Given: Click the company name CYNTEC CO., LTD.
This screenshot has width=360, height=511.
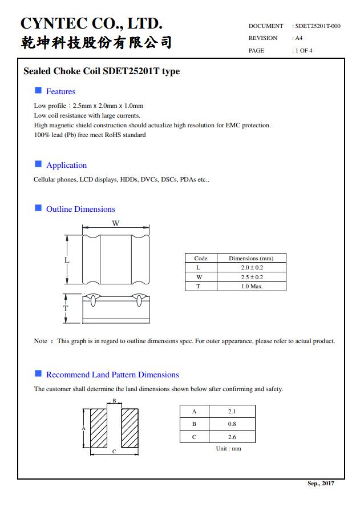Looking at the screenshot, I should coord(91,23).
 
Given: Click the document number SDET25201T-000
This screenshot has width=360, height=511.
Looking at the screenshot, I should coord(318,26).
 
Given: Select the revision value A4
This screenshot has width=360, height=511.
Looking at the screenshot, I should coord(298,38).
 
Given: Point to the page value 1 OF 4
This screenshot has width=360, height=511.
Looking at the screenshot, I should coord(303,50).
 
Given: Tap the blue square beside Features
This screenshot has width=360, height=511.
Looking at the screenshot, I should coord(38,90).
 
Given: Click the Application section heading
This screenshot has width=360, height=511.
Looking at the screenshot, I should coord(66,165).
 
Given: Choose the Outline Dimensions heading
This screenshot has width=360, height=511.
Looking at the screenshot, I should coord(80,209).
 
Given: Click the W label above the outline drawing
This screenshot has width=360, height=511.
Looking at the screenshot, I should coord(115,223).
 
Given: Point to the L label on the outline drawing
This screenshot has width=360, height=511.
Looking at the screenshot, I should coord(67,260).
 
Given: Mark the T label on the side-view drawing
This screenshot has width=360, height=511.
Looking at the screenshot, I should coord(66,308).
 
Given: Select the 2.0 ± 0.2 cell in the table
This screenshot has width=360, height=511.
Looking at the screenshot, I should coord(252,267).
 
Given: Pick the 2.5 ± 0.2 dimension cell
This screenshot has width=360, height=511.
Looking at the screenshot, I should coord(252,277).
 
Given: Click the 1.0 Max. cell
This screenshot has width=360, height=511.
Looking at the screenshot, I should coord(252,286).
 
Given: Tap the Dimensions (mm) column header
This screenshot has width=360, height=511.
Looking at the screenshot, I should coord(252,258).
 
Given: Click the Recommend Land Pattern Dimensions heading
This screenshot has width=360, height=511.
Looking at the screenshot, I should coord(112,375).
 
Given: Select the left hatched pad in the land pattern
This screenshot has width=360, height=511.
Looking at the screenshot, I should coord(99,428).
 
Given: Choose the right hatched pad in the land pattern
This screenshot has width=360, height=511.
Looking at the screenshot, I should coord(130,428).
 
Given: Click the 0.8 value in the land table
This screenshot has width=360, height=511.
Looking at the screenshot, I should coord(232,424).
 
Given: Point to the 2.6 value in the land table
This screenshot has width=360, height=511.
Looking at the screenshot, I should coord(232,437).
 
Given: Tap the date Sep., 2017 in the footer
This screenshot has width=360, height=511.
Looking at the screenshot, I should coord(321,484).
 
